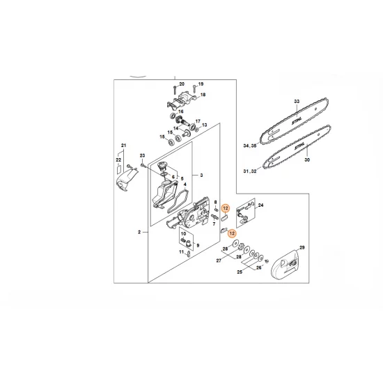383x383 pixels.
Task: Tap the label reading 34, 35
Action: tap(247, 147)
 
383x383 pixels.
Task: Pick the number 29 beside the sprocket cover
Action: tap(302, 247)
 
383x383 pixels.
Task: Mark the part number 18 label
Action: tap(203, 95)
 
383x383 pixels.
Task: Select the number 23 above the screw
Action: tap(141, 155)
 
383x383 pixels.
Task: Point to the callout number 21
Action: tap(124, 145)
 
